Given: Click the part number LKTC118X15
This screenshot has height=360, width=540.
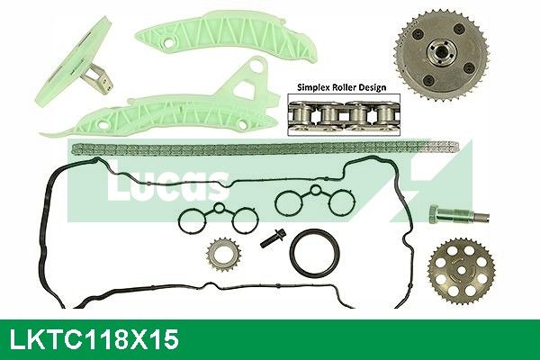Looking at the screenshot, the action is pyautogui.click(x=94, y=339).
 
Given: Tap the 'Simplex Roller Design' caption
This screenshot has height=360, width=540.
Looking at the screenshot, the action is pyautogui.click(x=342, y=87).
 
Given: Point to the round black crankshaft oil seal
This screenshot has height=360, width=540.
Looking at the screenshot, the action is pyautogui.click(x=315, y=252).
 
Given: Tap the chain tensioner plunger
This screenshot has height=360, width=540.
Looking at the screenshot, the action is pyautogui.click(x=458, y=216).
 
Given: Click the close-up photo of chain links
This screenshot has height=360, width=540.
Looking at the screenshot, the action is pyautogui.click(x=344, y=114).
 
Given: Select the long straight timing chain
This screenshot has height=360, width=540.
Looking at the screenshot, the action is pyautogui.click(x=265, y=148).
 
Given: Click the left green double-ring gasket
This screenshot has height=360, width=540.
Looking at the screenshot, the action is pyautogui.click(x=217, y=219).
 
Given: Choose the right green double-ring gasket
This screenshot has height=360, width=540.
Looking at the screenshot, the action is pyautogui.click(x=315, y=201).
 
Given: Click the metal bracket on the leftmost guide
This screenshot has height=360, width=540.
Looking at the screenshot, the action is pyautogui.click(x=99, y=81).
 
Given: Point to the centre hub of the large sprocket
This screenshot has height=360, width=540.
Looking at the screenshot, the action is pyautogui.click(x=437, y=54).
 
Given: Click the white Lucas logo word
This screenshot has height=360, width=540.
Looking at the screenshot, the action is pyautogui.click(x=168, y=184).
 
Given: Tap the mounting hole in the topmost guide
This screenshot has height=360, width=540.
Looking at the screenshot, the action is pyautogui.click(x=168, y=42).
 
